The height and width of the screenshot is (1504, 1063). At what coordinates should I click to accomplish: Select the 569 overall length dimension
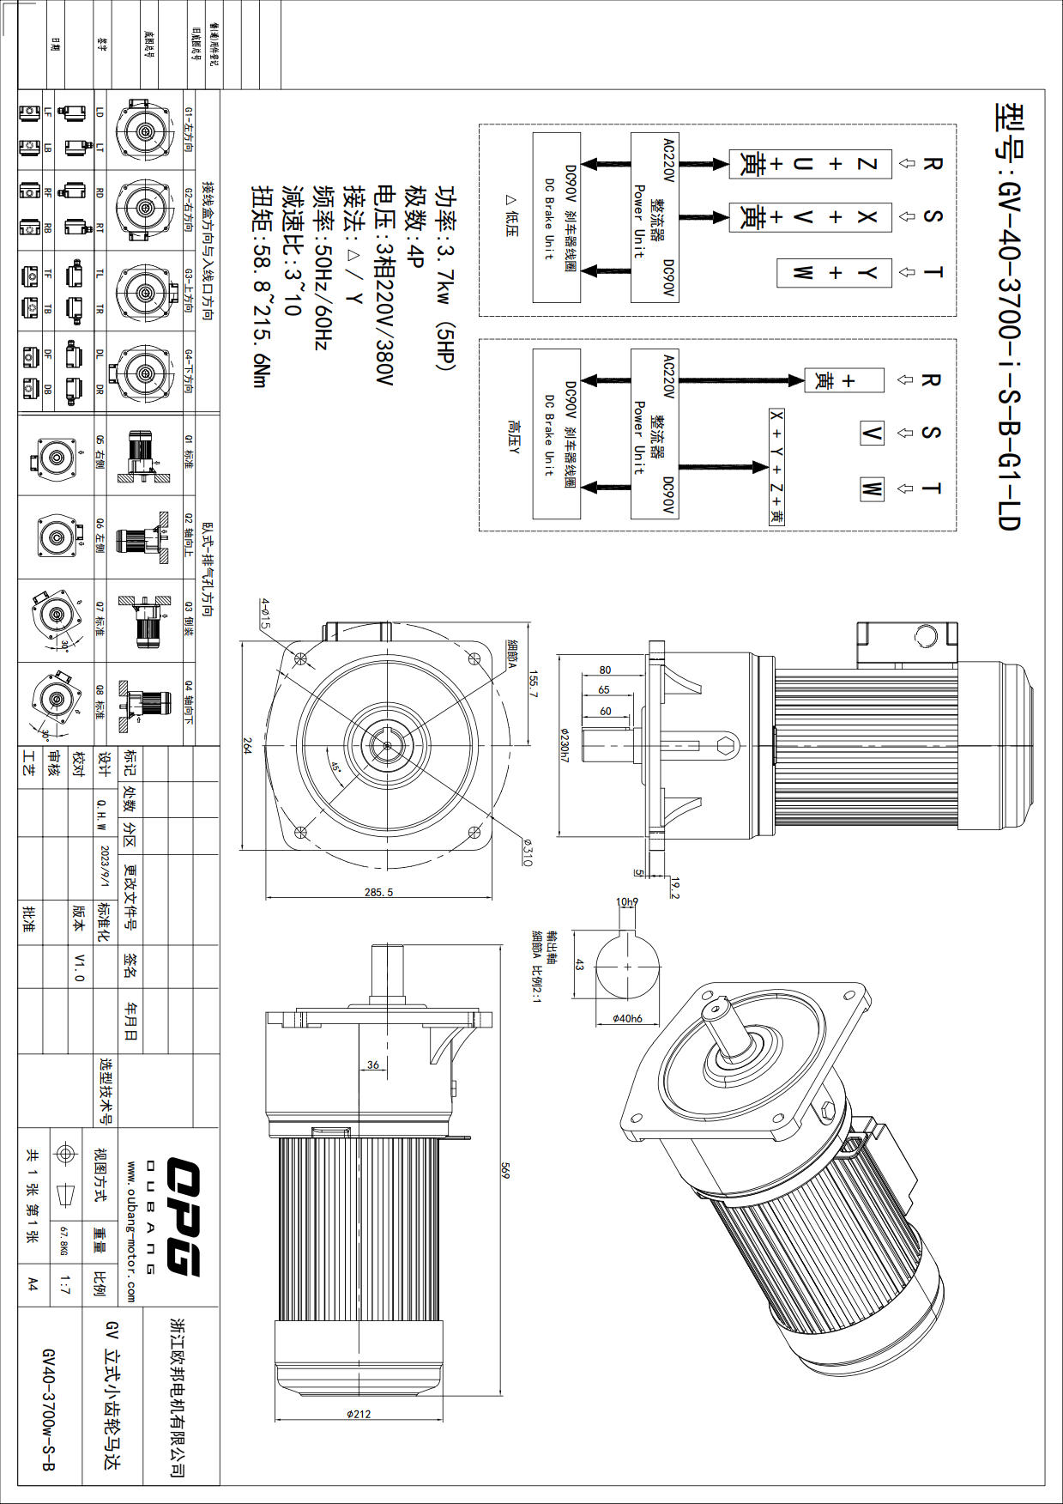click(x=505, y=1171)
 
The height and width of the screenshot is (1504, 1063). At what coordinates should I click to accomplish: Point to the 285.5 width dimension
click(x=378, y=892)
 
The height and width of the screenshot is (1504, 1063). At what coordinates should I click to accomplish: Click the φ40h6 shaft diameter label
click(x=627, y=1018)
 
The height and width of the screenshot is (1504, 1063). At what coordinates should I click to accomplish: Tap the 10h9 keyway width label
click(x=627, y=901)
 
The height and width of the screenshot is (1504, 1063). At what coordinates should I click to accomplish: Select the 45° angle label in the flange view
click(x=336, y=767)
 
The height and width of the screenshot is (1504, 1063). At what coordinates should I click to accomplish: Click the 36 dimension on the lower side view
click(x=373, y=1064)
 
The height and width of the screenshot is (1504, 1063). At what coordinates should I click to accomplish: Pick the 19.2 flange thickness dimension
click(x=674, y=888)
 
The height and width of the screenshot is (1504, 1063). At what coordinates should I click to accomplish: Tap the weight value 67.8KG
click(x=63, y=1241)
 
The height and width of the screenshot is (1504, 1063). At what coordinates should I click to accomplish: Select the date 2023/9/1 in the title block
click(x=105, y=866)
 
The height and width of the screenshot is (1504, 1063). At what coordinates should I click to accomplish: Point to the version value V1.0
click(x=79, y=967)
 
